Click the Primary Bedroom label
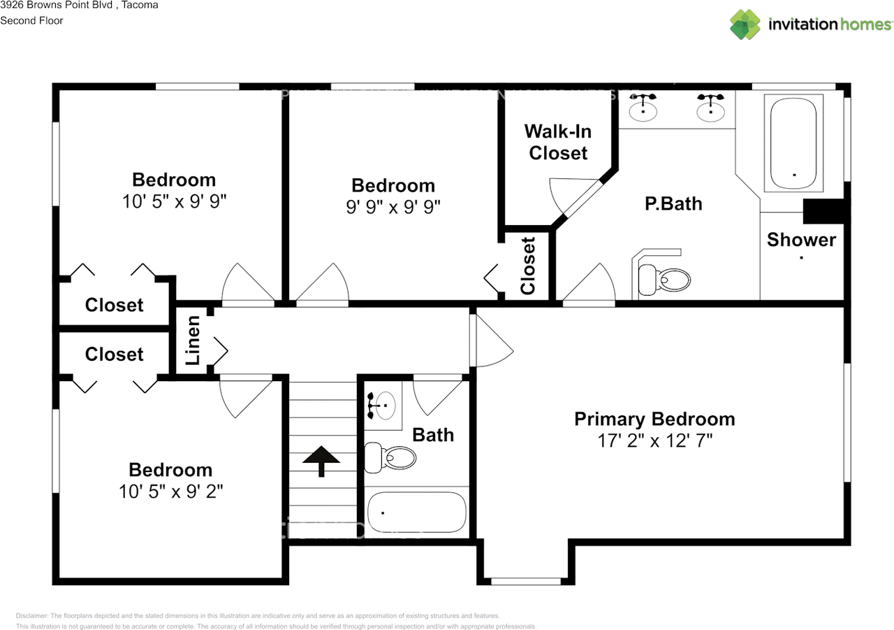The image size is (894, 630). click(x=654, y=419)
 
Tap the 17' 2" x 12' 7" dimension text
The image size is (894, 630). click(x=654, y=441)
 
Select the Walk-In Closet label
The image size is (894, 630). click(x=558, y=142)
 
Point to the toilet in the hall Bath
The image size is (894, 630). click(x=390, y=457)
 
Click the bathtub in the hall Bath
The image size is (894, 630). click(x=417, y=514)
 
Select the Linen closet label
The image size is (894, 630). click(x=193, y=341)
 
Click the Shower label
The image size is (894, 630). click(x=801, y=240)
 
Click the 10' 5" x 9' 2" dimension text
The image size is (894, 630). click(x=170, y=492)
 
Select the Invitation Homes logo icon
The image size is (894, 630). click(x=745, y=24)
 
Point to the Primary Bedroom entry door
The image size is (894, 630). click(x=490, y=341)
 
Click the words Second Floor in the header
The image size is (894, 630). click(x=31, y=20)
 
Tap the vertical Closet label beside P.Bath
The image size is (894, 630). click(x=528, y=266)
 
